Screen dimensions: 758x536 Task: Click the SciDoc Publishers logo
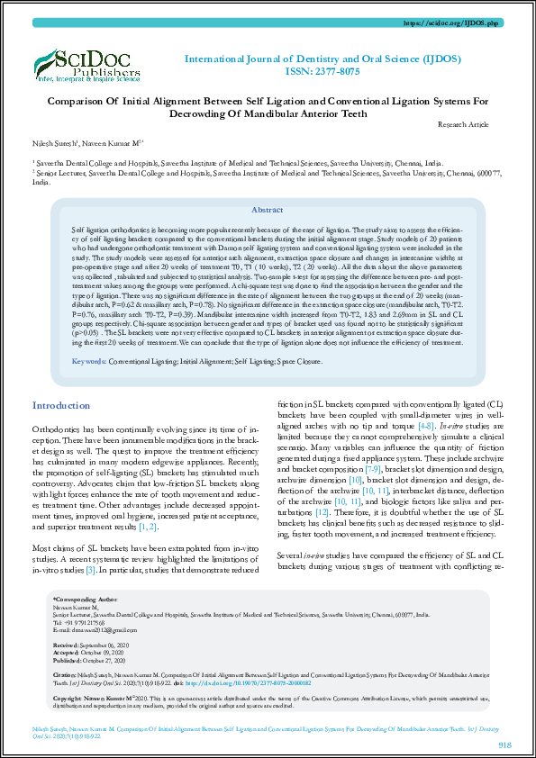(x=88, y=63)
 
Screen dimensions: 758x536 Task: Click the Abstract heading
(x=268, y=209)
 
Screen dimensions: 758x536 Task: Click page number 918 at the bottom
(x=504, y=744)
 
